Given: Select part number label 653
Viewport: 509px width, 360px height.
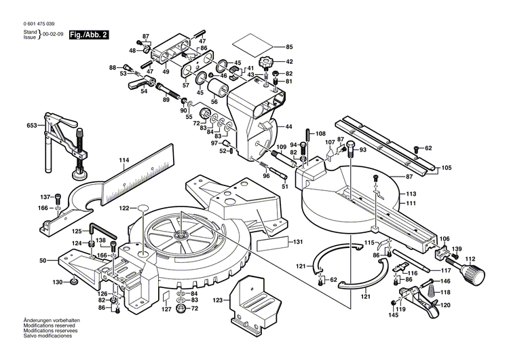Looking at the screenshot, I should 32,126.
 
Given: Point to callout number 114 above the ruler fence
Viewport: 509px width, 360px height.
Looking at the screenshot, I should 124,161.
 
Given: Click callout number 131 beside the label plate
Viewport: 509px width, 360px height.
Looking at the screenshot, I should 297,242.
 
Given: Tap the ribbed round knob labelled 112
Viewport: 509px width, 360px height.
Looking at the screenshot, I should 472,275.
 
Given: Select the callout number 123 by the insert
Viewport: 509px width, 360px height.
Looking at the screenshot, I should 217,299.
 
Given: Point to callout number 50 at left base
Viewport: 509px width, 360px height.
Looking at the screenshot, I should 42,260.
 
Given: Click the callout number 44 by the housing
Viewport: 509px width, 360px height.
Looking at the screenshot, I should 288,127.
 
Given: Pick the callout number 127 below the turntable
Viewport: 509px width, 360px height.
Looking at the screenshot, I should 166,309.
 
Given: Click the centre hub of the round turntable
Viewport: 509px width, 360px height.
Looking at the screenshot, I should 182,235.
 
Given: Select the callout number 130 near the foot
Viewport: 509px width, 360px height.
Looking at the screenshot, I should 58,282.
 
